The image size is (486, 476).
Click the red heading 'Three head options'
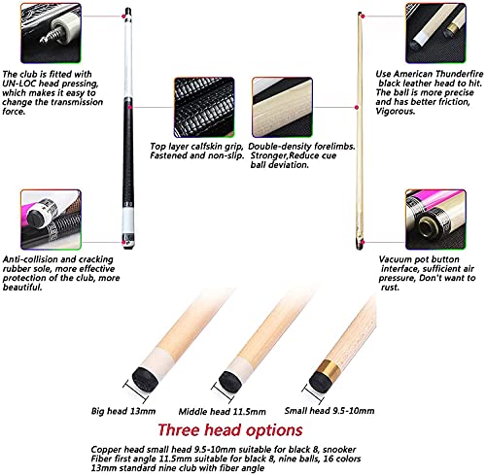[230, 430]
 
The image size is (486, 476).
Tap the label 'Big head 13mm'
[123, 411]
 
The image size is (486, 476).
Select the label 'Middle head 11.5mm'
[222, 412]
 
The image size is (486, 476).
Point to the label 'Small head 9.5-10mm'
[330, 411]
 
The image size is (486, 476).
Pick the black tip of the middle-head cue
[230, 383]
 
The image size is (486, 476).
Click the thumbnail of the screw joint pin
[51, 33]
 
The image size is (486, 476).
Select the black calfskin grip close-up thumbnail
[204, 107]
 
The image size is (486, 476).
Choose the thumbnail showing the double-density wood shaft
[282, 107]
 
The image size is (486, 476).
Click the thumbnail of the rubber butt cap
[51, 220]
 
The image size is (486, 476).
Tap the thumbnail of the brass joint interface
[435, 220]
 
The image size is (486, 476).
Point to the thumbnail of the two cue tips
[435, 33]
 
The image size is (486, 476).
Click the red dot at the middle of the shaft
[357, 107]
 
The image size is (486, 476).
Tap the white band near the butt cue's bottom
[128, 221]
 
